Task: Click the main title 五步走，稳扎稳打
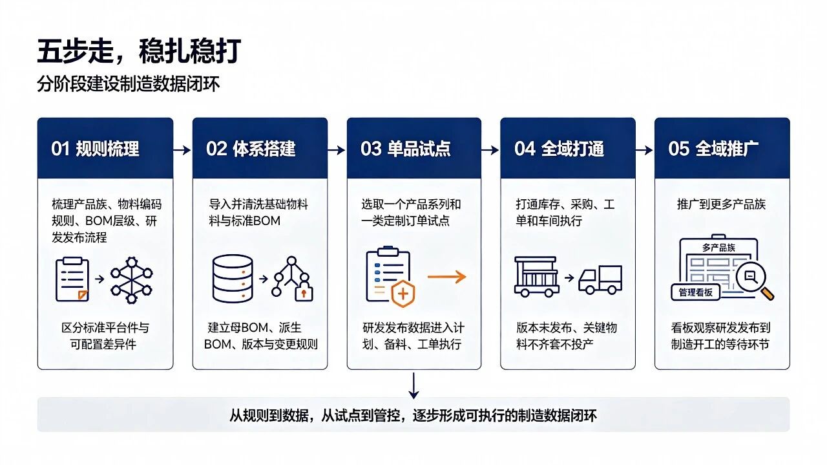(x=139, y=50)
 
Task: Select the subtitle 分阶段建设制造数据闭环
(x=128, y=84)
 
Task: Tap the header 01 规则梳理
(x=95, y=149)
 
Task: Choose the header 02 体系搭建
(x=251, y=149)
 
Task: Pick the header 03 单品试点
(x=405, y=149)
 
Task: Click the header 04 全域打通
(x=559, y=149)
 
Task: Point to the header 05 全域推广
(x=713, y=149)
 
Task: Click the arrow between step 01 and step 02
(x=182, y=150)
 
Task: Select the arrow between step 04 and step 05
(x=644, y=150)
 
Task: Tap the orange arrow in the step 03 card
(x=446, y=277)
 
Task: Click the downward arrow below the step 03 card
(x=413, y=385)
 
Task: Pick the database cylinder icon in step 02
(x=233, y=279)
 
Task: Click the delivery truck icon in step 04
(x=600, y=280)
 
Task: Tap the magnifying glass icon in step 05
(x=754, y=280)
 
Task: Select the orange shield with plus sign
(x=403, y=294)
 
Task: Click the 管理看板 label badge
(x=695, y=292)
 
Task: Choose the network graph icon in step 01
(x=131, y=280)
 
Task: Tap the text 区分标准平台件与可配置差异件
(x=105, y=336)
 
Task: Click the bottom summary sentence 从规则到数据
(x=413, y=415)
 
